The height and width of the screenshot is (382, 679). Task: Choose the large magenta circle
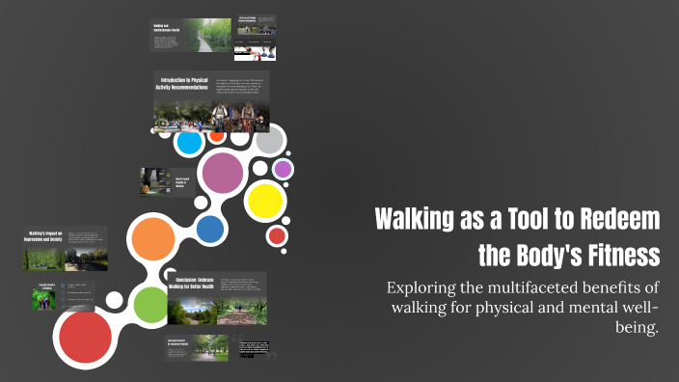tap(223, 173)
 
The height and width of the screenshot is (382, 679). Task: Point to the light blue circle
tap(190, 143)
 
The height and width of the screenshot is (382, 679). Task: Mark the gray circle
tap(269, 141)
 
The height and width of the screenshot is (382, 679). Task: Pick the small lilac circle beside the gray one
tap(283, 169)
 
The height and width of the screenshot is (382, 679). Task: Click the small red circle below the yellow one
tap(277, 234)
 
